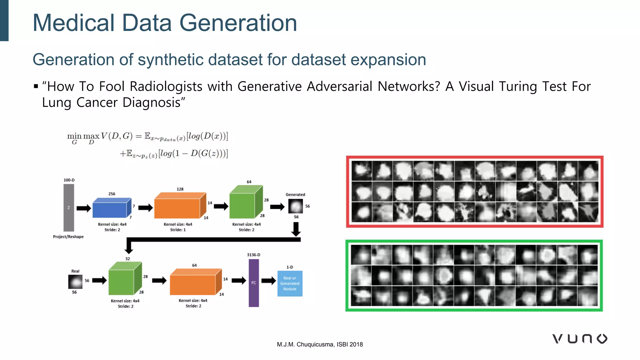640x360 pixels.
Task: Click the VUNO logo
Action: [580, 339]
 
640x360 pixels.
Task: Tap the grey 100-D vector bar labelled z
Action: [69, 207]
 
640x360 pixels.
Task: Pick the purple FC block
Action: [254, 283]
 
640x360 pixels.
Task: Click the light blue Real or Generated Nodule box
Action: [290, 283]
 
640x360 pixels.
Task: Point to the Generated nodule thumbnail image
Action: [295, 206]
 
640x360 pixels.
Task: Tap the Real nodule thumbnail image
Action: [75, 282]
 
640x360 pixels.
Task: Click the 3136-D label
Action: [253, 255]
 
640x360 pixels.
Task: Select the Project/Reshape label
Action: [68, 237]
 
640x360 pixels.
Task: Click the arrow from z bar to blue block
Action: [83, 208]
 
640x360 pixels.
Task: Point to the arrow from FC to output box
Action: [268, 281]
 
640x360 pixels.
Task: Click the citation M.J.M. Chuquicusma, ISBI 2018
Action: [320, 344]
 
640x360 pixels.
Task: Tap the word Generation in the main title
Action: [238, 23]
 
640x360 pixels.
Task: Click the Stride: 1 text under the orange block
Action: [178, 230]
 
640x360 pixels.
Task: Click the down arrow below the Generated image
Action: [296, 229]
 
